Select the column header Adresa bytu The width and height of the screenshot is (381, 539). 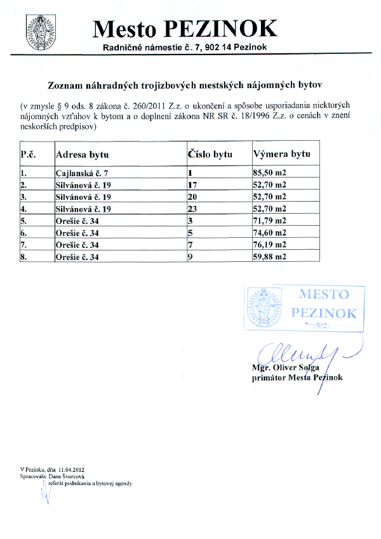click(82, 154)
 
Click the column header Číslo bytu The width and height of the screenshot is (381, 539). click(210, 154)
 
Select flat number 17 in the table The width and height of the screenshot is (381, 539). click(192, 185)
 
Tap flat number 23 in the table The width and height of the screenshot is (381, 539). click(192, 209)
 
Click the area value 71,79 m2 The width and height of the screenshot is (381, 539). click(270, 221)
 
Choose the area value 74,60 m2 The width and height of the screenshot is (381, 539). click(270, 233)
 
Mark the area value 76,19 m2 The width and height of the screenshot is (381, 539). click(270, 245)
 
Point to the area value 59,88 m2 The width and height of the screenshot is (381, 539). click(270, 257)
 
